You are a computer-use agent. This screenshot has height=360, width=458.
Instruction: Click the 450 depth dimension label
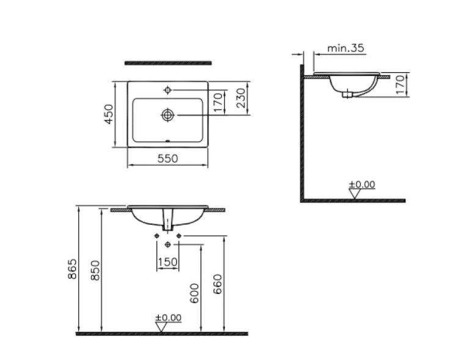coord(107,114)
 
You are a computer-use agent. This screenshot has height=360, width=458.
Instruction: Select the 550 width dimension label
coord(167,158)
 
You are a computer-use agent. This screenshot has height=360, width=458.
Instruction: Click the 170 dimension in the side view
coord(399,85)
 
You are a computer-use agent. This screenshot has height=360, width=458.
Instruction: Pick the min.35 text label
coord(346,48)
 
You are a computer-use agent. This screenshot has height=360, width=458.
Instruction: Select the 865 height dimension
coord(73,270)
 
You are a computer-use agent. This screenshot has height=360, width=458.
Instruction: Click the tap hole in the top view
coord(168,90)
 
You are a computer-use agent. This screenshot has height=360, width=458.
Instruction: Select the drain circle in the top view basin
coord(168,114)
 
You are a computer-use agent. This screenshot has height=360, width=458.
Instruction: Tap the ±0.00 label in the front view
coord(167,317)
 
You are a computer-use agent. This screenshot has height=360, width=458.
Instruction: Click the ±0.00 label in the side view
coord(362,184)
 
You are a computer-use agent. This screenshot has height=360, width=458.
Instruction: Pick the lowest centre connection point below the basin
coord(168,244)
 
